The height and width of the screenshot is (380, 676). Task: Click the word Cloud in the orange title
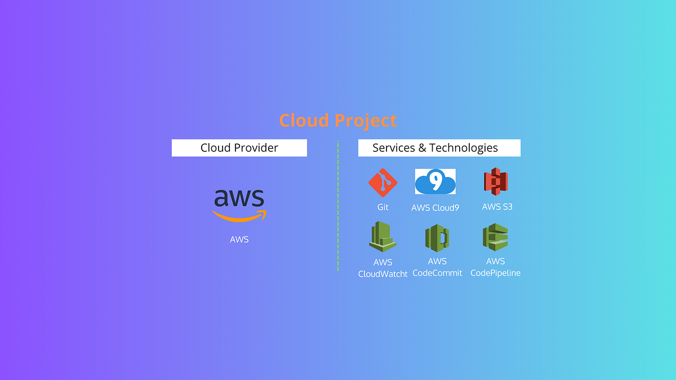(x=305, y=120)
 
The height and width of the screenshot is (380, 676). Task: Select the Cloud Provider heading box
(x=239, y=148)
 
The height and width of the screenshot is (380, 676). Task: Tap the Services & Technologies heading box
(x=439, y=148)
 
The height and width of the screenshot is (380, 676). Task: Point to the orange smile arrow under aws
(x=239, y=217)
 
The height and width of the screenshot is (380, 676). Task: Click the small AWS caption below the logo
(x=239, y=239)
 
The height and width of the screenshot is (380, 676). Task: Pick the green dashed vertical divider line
(x=338, y=205)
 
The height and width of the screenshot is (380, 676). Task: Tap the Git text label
(x=383, y=207)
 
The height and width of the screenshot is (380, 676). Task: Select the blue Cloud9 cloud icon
(x=435, y=182)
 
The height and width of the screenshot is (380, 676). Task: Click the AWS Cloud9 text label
(x=435, y=207)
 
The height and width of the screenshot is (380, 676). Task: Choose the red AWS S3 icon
(x=496, y=182)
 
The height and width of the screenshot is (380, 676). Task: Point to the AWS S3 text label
(x=497, y=207)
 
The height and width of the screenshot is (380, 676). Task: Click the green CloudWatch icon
(x=383, y=236)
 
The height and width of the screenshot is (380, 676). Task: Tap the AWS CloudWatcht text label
(x=383, y=269)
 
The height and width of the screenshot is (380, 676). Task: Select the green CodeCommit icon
(x=437, y=238)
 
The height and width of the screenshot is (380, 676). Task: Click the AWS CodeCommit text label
(x=438, y=267)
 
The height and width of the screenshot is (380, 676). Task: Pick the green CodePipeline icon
(x=496, y=237)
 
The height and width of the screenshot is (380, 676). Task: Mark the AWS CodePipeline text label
(x=496, y=267)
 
